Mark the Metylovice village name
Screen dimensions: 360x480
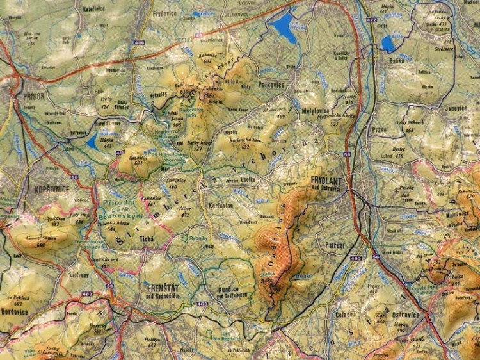point(309,110)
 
